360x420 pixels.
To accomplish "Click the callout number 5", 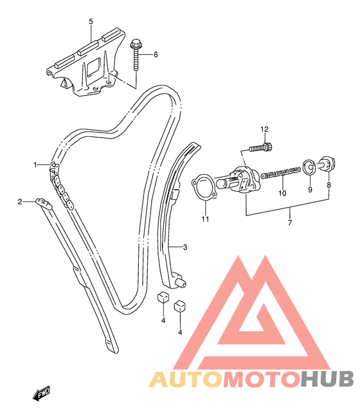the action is point(91,21).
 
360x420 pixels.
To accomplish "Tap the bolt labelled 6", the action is point(136,55).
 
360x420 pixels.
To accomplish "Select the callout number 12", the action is point(264,129).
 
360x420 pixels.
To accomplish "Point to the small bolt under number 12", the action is point(261,147).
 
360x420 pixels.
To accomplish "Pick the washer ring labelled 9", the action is point(309,167).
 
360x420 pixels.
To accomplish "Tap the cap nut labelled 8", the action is point(327,163).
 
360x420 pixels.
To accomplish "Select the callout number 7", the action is point(289,223).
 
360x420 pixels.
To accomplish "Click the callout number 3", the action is point(185,247).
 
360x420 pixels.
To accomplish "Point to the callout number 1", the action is point(35,165).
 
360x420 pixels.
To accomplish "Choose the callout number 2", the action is point(20,201).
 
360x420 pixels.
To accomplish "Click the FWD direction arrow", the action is point(42,393).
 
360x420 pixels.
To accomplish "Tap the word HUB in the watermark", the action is point(327,379).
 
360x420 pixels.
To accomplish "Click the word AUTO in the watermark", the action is point(186,379).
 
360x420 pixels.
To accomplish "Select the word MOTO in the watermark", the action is point(262,379).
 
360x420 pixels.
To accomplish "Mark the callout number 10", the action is point(282,193).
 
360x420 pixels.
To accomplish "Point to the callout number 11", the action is point(205,219).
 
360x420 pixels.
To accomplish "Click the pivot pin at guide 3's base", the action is point(181,283).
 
